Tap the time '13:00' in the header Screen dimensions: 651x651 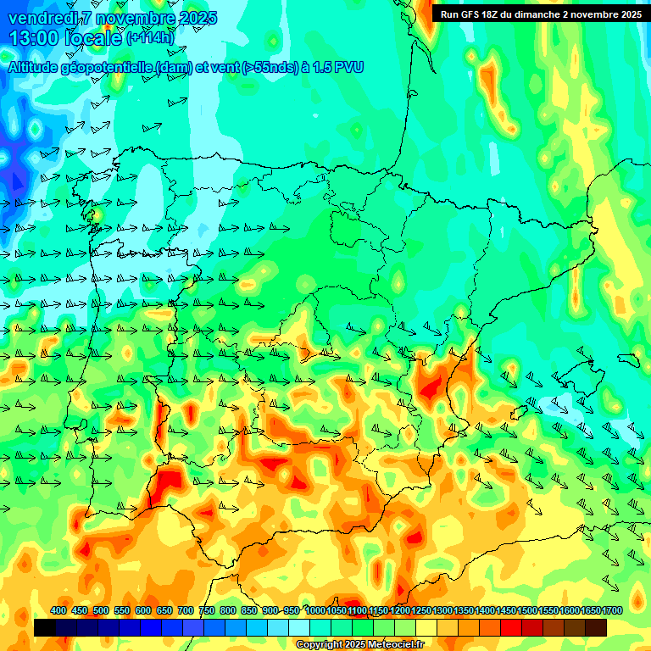tap(32, 38)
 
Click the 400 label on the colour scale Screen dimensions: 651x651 tap(58, 610)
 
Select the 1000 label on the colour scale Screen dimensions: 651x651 tap(314, 610)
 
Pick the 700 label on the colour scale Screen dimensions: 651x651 tap(186, 610)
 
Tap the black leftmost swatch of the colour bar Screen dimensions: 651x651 tap(45, 627)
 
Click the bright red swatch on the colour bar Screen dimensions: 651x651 tap(511, 627)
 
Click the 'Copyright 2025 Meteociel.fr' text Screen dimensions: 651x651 tap(359, 645)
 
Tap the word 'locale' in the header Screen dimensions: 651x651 tap(92, 38)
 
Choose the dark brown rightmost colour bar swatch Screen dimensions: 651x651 tap(596, 627)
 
